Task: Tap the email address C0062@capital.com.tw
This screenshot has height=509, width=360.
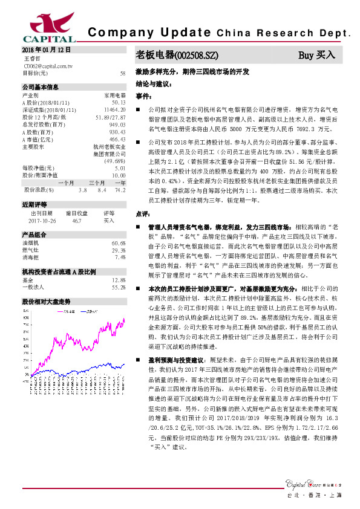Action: tap(48, 65)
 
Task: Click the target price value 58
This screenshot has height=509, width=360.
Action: tap(123, 73)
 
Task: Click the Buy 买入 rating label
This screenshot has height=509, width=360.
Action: tap(316, 55)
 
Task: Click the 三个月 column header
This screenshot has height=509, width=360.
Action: tap(97, 182)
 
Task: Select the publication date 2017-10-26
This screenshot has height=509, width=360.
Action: tap(42, 221)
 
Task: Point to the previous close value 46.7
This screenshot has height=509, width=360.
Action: tap(76, 221)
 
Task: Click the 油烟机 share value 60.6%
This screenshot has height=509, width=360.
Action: tap(118, 243)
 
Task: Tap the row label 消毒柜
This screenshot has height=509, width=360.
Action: tap(31, 257)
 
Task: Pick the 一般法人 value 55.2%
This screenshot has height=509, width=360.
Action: tap(118, 287)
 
